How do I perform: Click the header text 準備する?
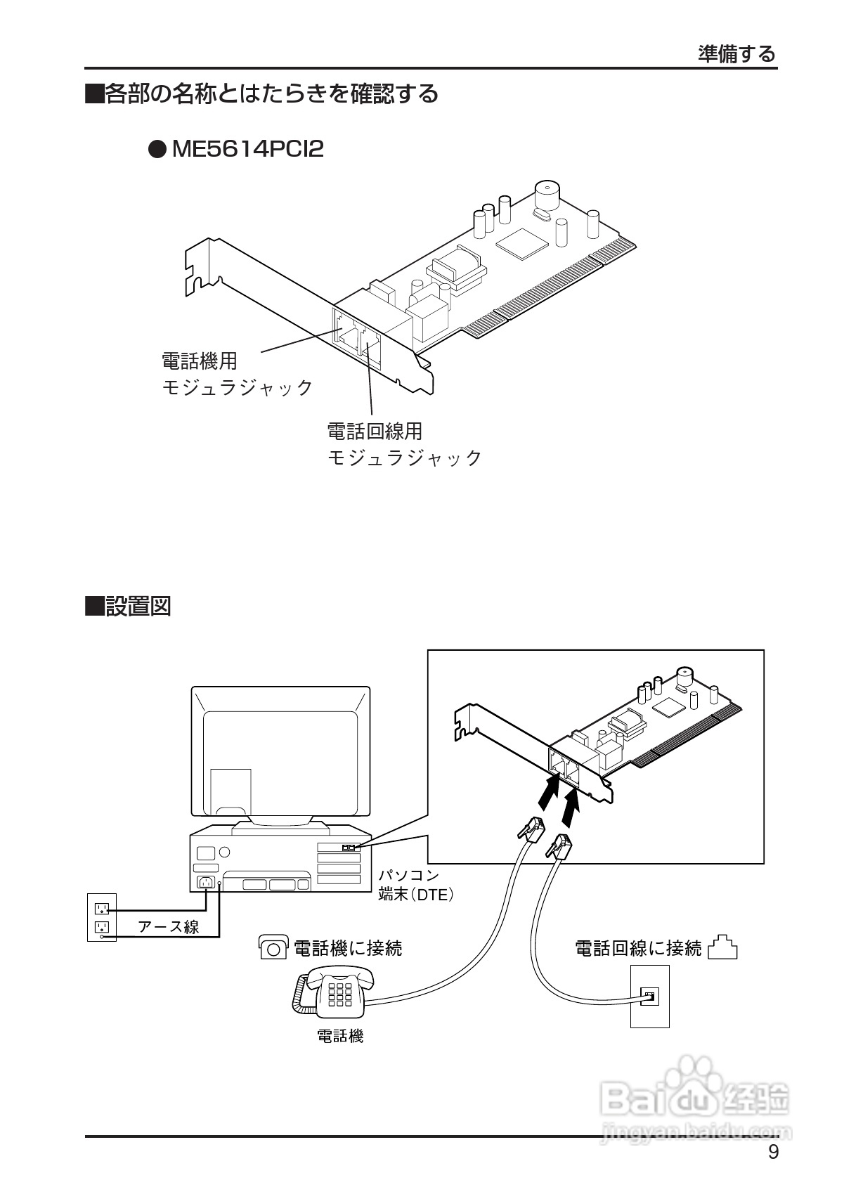tap(736, 54)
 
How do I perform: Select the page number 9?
tap(773, 1152)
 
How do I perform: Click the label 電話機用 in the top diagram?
tap(200, 361)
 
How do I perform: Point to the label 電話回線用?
tap(375, 430)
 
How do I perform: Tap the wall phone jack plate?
tap(649, 996)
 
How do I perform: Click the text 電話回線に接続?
tap(638, 949)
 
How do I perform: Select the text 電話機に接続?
tap(347, 949)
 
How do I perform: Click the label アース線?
tap(169, 927)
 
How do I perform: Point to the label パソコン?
tap(409, 876)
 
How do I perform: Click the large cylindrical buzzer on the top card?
tap(545, 194)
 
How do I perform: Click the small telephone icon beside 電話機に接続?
tap(273, 948)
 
